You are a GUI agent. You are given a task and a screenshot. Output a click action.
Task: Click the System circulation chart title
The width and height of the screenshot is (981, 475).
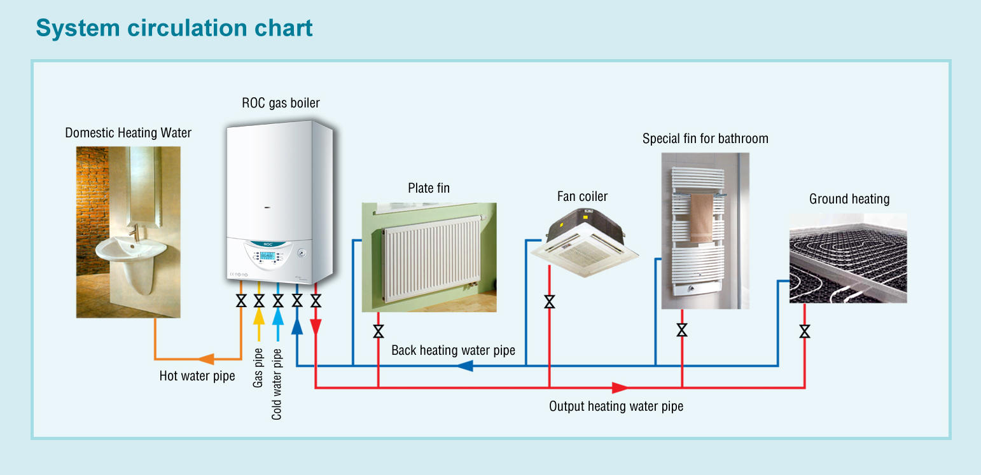click(x=174, y=29)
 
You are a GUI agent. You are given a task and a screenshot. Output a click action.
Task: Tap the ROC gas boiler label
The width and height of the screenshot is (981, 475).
click(x=281, y=103)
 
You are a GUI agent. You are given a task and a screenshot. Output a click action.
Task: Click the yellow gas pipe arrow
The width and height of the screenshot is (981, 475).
click(x=259, y=316)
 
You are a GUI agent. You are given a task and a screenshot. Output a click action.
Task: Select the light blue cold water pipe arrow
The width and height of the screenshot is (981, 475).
click(x=277, y=316)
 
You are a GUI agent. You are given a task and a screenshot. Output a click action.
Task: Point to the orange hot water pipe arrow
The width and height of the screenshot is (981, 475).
click(x=205, y=359)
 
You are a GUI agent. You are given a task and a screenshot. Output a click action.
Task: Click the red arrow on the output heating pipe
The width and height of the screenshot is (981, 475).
click(x=620, y=387)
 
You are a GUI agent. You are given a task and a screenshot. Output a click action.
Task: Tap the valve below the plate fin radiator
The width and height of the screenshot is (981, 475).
click(x=379, y=331)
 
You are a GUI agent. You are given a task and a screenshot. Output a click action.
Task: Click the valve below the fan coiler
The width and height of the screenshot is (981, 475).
click(x=550, y=301)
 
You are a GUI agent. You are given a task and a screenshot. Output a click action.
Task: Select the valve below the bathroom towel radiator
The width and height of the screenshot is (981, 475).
click(x=682, y=330)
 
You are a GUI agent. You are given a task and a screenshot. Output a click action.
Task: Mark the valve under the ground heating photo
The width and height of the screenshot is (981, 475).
click(x=805, y=331)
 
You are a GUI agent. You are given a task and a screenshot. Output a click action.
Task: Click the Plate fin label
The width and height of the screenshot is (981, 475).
click(x=429, y=188)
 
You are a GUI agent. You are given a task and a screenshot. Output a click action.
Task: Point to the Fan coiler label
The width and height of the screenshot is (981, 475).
click(x=582, y=196)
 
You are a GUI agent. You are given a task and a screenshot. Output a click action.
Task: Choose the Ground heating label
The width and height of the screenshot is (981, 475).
click(x=849, y=199)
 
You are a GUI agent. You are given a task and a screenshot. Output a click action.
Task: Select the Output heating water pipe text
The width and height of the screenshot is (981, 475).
click(x=616, y=406)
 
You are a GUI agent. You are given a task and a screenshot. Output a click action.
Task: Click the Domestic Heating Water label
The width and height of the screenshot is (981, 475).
click(x=128, y=133)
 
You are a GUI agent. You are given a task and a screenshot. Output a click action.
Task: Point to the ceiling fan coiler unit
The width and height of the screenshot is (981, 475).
click(x=584, y=238)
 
